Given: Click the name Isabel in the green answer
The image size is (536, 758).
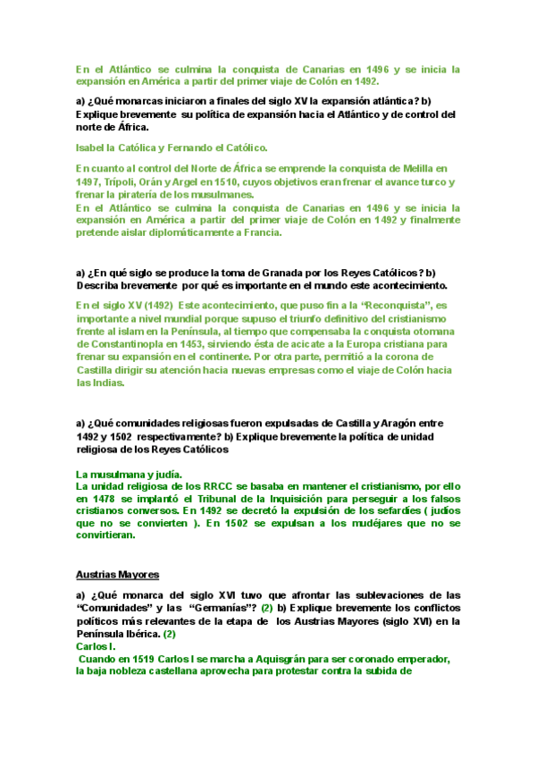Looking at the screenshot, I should click(92, 147).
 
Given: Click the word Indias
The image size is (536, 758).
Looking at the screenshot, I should click(109, 383).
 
